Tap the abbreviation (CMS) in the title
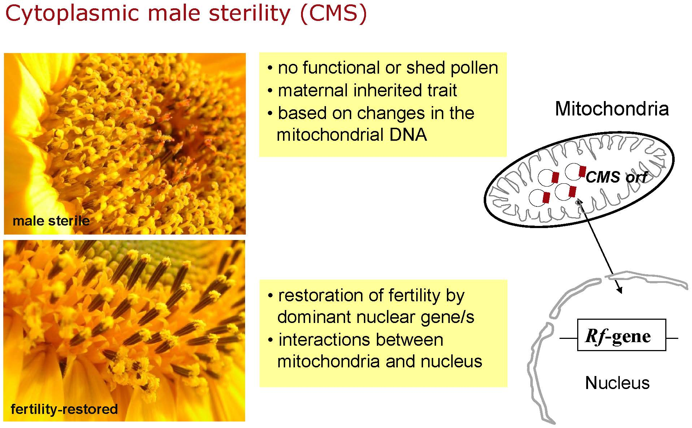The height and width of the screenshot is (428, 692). pos(333,14)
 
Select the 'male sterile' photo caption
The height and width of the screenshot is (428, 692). pos(51,220)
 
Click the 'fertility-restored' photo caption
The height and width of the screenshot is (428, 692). pos(64,409)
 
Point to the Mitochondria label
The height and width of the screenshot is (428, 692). pos(612,108)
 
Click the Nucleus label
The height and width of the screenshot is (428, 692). pos(617,383)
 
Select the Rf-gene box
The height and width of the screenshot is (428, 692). pos(622,335)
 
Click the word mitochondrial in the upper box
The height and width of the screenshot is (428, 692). pos(330,135)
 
